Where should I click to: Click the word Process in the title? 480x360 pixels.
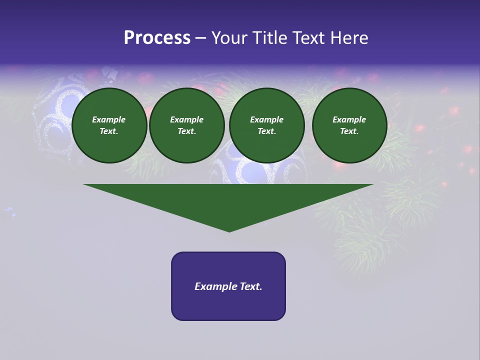tap(157, 38)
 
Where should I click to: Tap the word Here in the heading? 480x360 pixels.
tap(348, 38)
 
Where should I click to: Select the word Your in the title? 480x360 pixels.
tap(229, 38)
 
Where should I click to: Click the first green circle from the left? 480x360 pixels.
tap(109, 125)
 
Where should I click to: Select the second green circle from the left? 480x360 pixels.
tap(187, 125)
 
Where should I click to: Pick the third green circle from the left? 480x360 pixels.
tap(266, 125)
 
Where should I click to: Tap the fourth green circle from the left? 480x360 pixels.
tap(349, 125)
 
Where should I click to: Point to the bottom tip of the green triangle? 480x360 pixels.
tap(229, 231)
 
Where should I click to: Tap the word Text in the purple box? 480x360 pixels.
tap(250, 286)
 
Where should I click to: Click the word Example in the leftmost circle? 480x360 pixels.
tap(109, 120)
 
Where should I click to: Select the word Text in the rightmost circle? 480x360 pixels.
tap(349, 131)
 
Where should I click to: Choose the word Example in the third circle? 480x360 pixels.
tap(266, 120)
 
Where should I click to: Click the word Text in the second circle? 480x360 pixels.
tap(186, 131)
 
